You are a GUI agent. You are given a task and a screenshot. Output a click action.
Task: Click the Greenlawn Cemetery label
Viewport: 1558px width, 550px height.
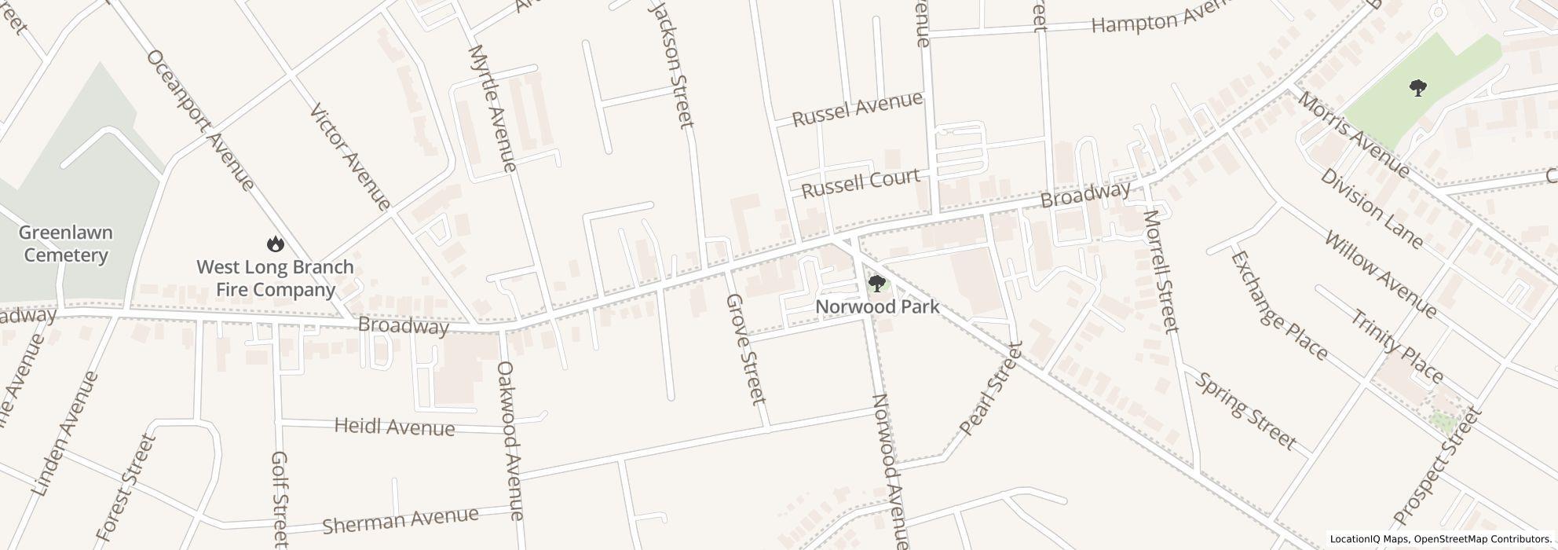coord(66,244)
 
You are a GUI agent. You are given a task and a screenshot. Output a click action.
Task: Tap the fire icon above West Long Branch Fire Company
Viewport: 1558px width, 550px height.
coord(275,244)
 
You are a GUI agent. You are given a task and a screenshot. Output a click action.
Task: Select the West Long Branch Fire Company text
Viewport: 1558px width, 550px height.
coord(275,279)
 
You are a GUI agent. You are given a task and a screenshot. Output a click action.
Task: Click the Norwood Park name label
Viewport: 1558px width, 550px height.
coord(877,306)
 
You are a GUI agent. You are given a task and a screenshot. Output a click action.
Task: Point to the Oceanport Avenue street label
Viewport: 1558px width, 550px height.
coord(199,119)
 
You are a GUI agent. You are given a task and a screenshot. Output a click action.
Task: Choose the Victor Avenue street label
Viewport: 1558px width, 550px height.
coord(350,157)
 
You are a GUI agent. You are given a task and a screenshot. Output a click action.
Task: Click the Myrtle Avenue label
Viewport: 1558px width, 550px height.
coord(492,108)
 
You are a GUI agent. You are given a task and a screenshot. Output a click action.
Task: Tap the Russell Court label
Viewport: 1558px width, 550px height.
coord(860,183)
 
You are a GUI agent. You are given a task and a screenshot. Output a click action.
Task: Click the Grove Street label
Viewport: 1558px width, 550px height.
coord(745,349)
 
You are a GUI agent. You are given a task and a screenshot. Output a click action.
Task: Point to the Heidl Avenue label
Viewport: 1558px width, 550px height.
coord(394,427)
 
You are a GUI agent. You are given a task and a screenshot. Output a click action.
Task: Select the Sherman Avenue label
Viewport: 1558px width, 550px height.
coord(400,519)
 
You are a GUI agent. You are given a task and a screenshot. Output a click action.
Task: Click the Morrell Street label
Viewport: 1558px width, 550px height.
coord(1161,271)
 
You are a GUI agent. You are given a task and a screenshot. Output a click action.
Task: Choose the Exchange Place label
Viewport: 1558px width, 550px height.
coord(1278,306)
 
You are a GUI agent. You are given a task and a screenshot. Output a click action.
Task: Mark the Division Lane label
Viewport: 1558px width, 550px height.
coord(1371,208)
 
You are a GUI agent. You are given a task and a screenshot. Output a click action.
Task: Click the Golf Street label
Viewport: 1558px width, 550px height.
coord(279,499)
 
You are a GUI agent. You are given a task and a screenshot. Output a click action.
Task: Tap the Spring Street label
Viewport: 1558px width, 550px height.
coord(1245,411)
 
